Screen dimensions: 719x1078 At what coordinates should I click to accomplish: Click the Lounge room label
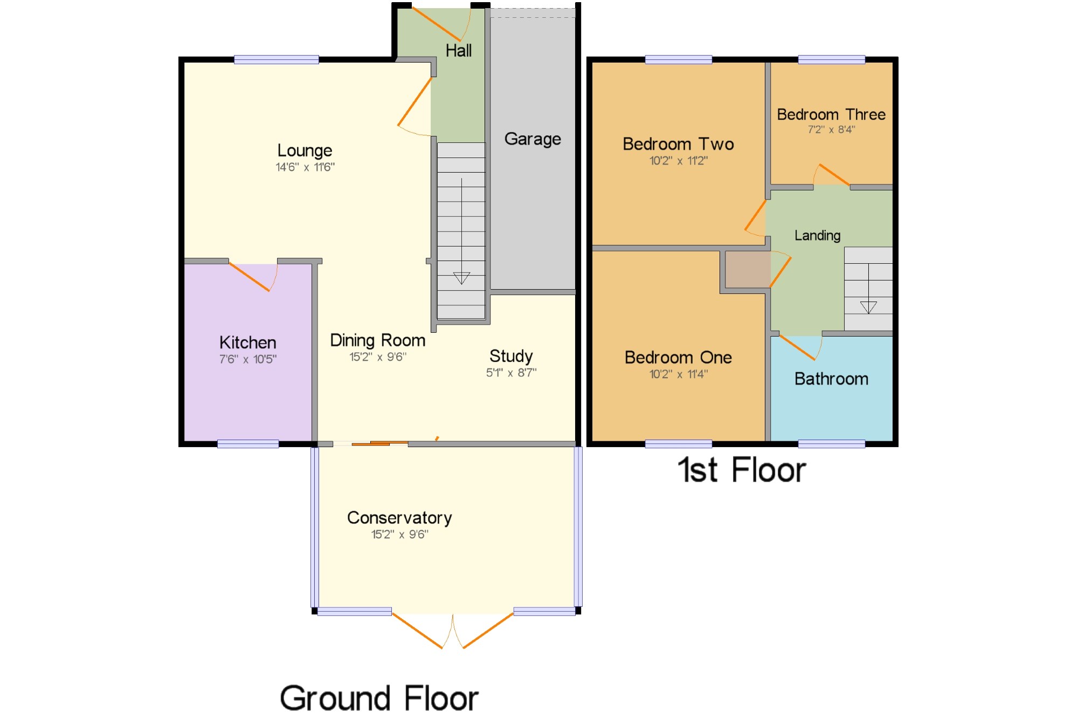[305, 150]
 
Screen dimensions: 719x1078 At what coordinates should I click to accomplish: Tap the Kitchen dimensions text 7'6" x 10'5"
[248, 359]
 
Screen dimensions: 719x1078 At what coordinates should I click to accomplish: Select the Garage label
[533, 139]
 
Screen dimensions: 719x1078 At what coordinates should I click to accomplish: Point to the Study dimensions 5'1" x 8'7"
[511, 373]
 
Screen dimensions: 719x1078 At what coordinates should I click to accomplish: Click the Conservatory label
[399, 518]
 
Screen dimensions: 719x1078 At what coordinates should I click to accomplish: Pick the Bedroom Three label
[831, 114]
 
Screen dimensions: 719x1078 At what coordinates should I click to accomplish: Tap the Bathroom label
[831, 379]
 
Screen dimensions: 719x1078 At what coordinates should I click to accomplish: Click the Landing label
[817, 236]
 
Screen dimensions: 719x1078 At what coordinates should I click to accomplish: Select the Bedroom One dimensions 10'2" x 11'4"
[678, 374]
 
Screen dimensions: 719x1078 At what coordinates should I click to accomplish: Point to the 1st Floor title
[742, 470]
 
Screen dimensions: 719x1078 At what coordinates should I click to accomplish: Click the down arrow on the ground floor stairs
[461, 278]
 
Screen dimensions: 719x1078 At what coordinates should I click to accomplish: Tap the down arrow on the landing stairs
[868, 307]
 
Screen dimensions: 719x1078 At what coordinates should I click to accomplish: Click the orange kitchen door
[250, 277]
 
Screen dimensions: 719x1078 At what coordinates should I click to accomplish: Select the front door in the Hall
[437, 24]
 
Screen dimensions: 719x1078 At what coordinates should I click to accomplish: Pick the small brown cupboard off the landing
[748, 270]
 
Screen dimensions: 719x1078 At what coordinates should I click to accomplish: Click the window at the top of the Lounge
[276, 60]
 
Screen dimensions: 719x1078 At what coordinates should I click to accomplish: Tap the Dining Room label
[377, 340]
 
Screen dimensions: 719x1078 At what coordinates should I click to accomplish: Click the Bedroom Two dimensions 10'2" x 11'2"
[678, 161]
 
